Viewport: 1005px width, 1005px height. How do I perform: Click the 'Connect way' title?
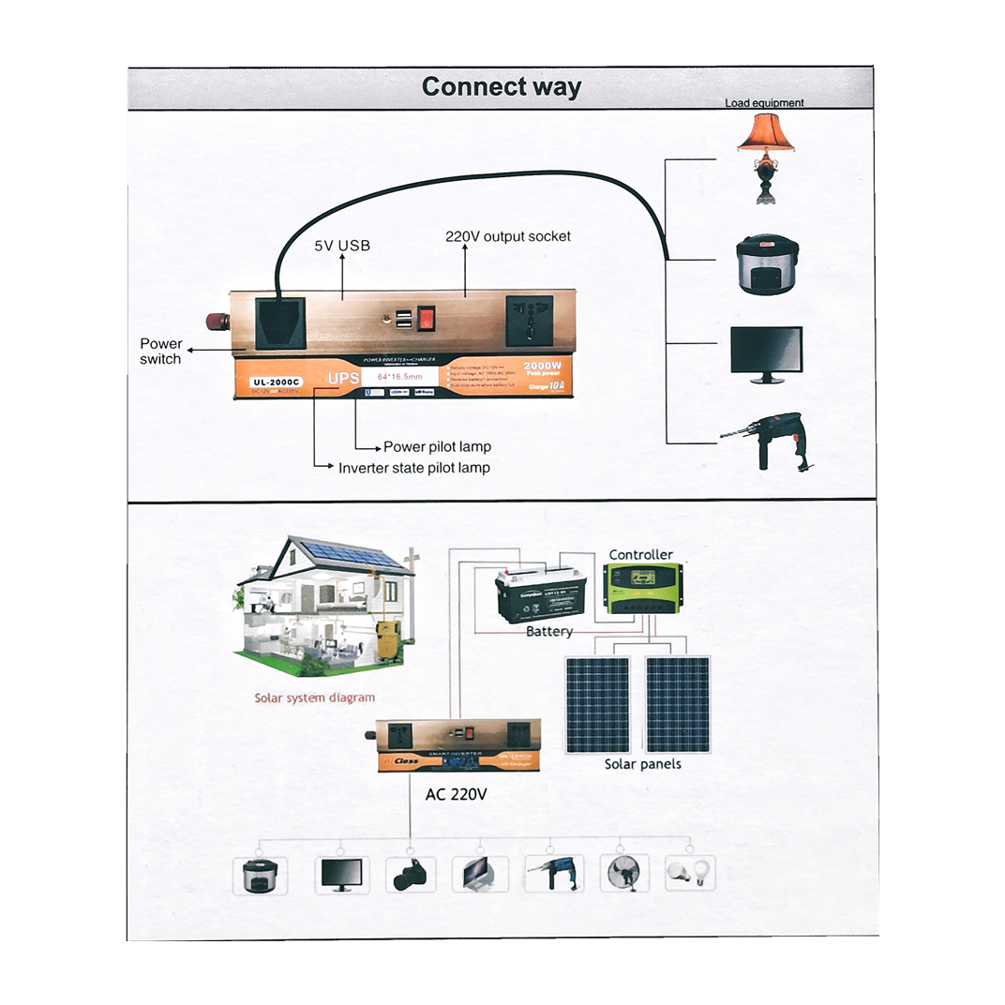point(501,87)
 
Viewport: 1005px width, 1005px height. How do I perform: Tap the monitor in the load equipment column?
point(766,353)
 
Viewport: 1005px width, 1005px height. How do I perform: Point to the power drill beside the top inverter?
point(767,439)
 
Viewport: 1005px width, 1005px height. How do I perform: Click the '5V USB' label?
point(341,246)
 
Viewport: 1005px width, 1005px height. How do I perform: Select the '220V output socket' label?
point(507,236)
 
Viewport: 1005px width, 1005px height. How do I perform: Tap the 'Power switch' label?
point(160,352)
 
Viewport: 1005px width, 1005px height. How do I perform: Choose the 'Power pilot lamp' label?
point(437,446)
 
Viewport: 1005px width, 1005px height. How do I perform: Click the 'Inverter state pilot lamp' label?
point(413,467)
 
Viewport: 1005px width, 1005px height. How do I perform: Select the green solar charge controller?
point(643,590)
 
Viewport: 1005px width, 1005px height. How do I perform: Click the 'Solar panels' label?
point(642,764)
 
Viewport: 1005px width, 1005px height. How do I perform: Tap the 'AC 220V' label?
point(456,794)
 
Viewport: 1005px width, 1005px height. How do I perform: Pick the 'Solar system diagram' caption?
point(314,697)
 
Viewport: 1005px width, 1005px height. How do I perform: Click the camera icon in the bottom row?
point(411,876)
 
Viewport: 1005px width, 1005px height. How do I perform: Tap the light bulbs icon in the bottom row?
point(688,873)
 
